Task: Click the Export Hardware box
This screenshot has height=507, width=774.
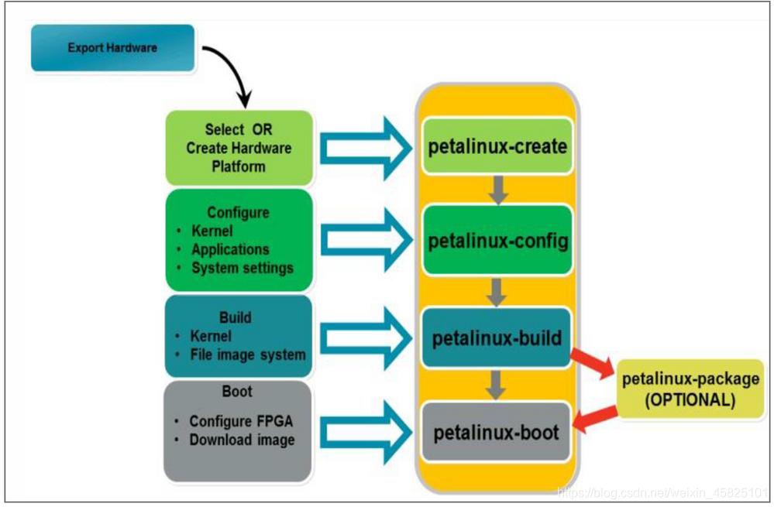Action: (112, 48)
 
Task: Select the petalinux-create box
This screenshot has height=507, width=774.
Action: (497, 146)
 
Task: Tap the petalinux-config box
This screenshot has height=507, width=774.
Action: (497, 241)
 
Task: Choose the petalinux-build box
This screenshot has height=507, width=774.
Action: (497, 337)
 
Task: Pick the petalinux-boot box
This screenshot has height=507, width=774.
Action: (497, 432)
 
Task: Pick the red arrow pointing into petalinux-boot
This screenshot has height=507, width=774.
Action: (597, 419)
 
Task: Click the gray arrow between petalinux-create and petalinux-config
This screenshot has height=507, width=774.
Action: (498, 190)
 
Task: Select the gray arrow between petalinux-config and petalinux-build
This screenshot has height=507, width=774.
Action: (498, 292)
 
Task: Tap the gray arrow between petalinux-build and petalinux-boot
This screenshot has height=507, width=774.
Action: (498, 383)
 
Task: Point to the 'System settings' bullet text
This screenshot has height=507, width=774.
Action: (243, 268)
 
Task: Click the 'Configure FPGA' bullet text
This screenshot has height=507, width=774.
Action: (241, 421)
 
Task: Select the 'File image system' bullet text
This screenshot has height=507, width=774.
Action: (248, 355)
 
